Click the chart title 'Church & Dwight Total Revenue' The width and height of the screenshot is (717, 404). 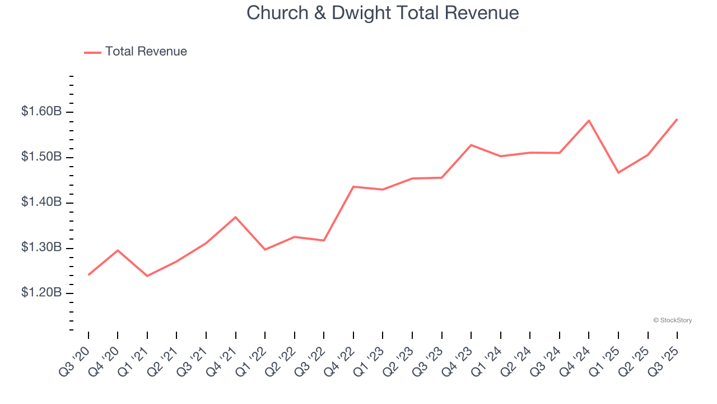pyautogui.click(x=383, y=13)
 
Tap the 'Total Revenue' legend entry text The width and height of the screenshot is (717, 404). pyautogui.click(x=146, y=52)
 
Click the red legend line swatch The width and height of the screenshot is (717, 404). pyautogui.click(x=92, y=52)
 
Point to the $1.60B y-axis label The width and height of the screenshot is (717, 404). pyautogui.click(x=41, y=112)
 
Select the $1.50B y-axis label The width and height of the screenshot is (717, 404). pyautogui.click(x=41, y=157)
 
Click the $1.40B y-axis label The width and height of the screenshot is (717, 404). pyautogui.click(x=41, y=202)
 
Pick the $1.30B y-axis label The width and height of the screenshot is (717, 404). pyautogui.click(x=41, y=247)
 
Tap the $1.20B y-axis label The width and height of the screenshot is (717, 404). pyautogui.click(x=41, y=293)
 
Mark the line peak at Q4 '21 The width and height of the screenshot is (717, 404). pyautogui.click(x=236, y=217)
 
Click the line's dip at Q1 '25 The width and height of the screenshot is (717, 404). pyautogui.click(x=618, y=172)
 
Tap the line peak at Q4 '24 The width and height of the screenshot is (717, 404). pyautogui.click(x=589, y=121)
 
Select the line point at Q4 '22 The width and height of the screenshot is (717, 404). pyautogui.click(x=353, y=186)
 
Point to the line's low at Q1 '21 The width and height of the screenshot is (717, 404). pyautogui.click(x=147, y=276)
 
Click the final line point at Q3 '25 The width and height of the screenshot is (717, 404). pyautogui.click(x=677, y=119)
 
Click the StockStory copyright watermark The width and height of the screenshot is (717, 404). pyautogui.click(x=672, y=320)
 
